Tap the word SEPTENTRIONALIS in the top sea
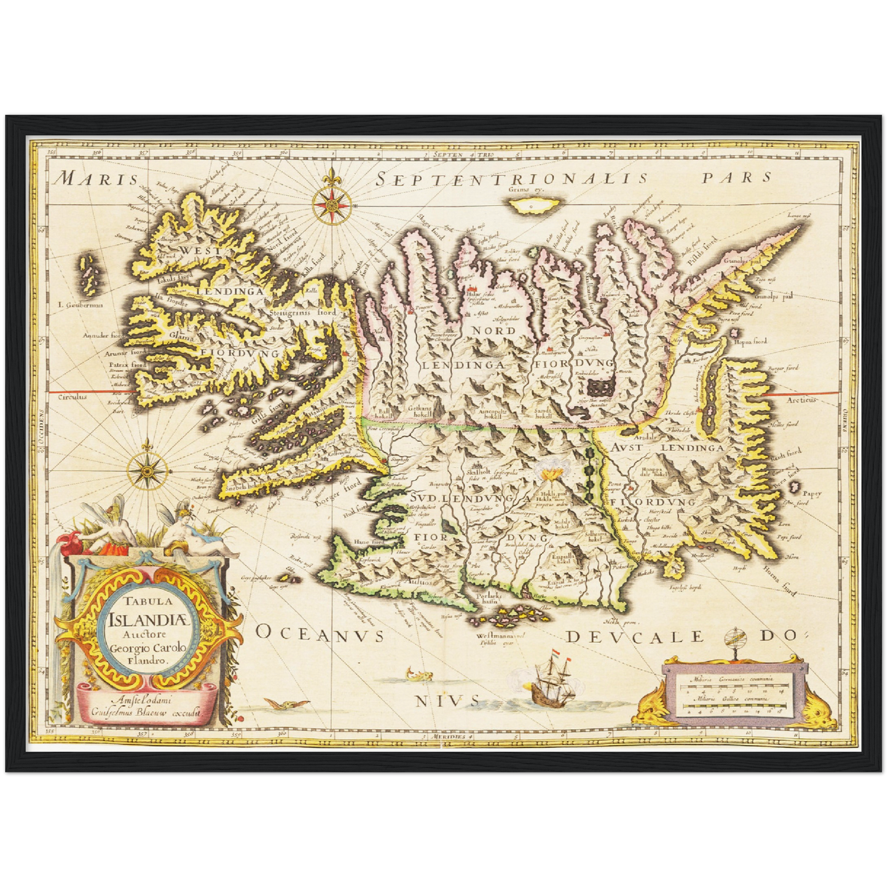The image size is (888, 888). (511, 179)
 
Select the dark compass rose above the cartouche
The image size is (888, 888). (147, 471)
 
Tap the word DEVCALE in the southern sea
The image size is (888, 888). (633, 637)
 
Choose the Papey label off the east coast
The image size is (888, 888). (812, 492)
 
